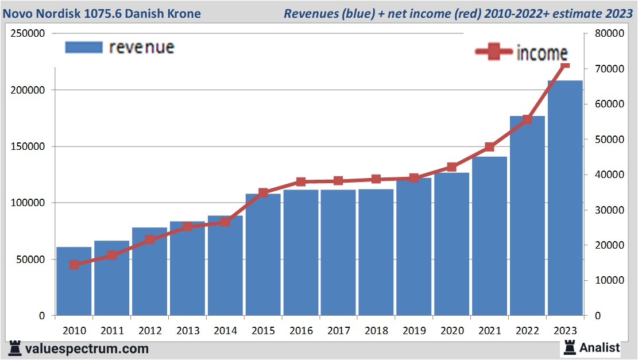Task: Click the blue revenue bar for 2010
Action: (x=74, y=281)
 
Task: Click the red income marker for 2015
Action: (x=263, y=193)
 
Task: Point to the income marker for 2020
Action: (x=452, y=167)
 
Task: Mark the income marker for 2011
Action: (x=112, y=255)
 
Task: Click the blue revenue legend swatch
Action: (x=84, y=47)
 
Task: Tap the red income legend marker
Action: (x=494, y=52)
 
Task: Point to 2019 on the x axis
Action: (x=414, y=331)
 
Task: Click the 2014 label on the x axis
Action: (x=226, y=331)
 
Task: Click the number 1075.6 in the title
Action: (x=115, y=13)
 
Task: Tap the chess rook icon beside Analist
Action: (x=570, y=347)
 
